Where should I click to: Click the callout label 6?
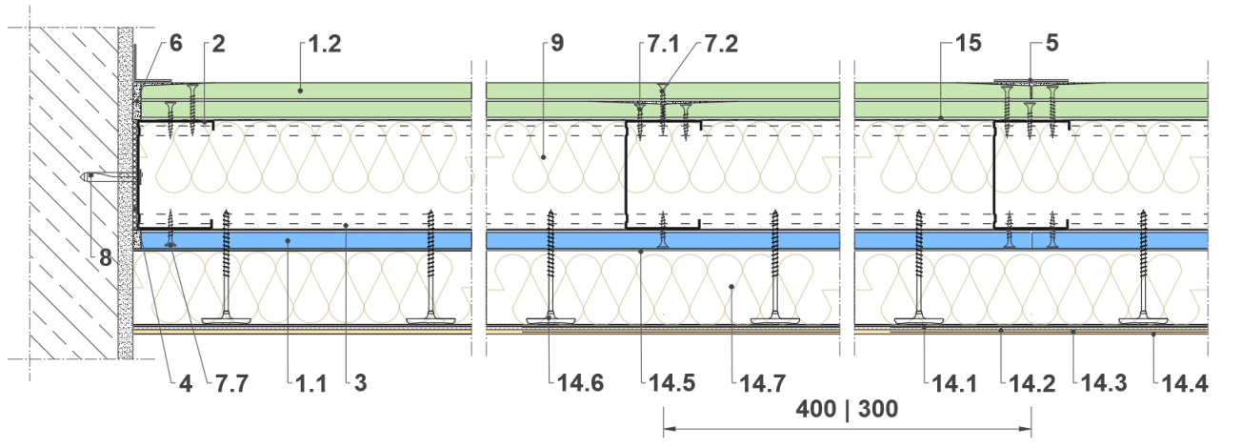click(175, 43)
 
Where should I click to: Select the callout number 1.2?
click(325, 44)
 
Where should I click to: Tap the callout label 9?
click(557, 43)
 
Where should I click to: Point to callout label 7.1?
click(663, 44)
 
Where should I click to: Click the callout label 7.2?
click(721, 44)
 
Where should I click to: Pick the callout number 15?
click(969, 43)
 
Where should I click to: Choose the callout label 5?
click(1052, 43)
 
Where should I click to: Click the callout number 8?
click(106, 258)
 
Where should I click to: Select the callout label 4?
click(186, 384)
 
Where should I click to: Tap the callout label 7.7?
click(231, 384)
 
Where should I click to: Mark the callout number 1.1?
click(310, 384)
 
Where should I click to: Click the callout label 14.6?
click(580, 383)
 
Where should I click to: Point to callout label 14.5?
click(671, 383)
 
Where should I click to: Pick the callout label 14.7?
click(762, 383)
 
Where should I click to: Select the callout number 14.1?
click(954, 384)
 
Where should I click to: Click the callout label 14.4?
click(1185, 384)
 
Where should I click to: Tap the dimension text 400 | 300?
click(847, 409)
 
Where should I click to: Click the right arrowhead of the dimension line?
click(1026, 429)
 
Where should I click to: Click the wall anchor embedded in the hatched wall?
click(111, 177)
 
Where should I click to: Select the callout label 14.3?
click(1104, 384)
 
